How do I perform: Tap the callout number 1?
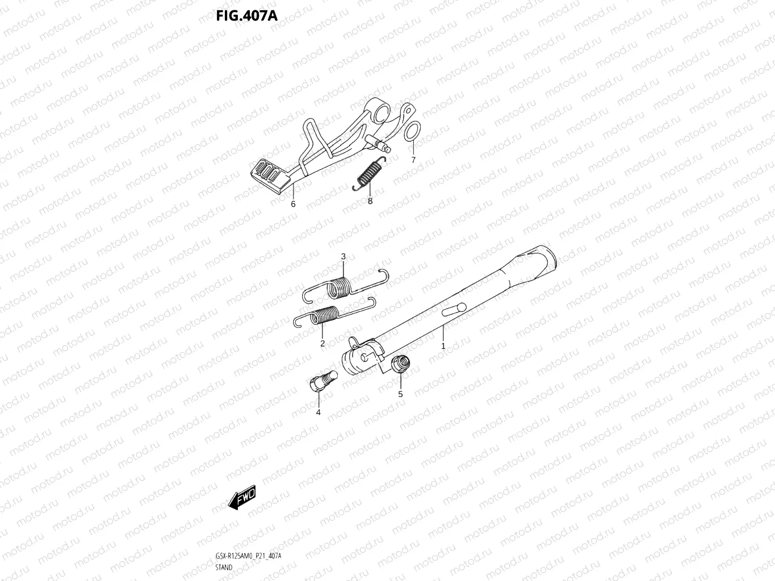tap(443, 345)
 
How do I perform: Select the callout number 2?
tap(322, 343)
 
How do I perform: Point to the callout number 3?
tap(343, 256)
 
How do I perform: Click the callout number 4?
tap(318, 412)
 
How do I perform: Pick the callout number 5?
tap(400, 394)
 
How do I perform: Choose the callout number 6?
tap(293, 204)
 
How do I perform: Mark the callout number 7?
tap(413, 160)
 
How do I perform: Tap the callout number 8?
tap(370, 200)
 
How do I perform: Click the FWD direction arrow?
tap(241, 498)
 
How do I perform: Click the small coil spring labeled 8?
tap(370, 172)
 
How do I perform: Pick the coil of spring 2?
tap(328, 314)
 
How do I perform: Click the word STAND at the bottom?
tap(224, 567)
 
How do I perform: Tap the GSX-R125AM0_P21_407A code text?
tap(248, 556)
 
